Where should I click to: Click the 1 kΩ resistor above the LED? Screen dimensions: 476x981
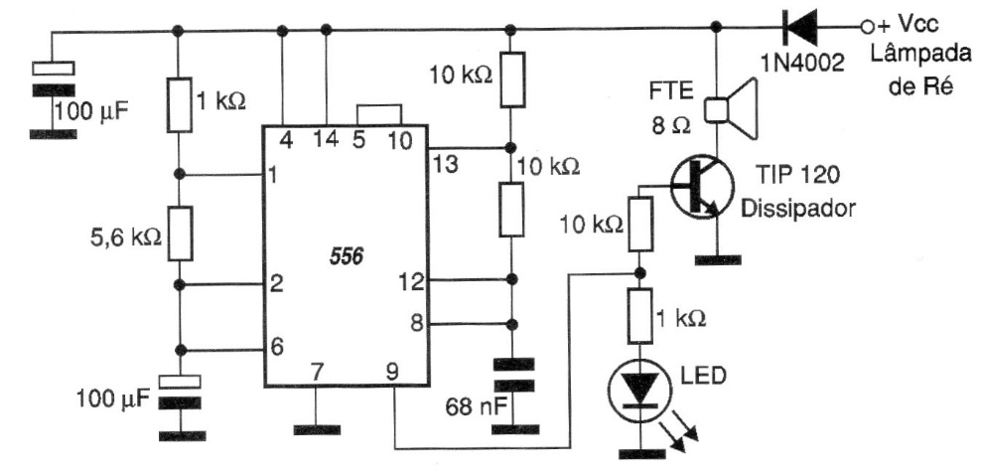(640, 317)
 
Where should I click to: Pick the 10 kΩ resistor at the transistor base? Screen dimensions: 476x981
(640, 223)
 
